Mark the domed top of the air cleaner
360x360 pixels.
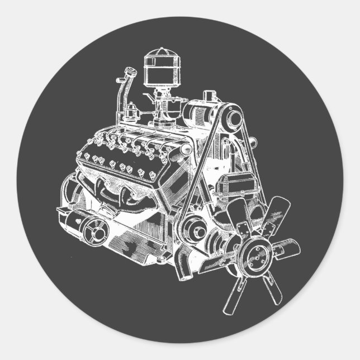point(157,53)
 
